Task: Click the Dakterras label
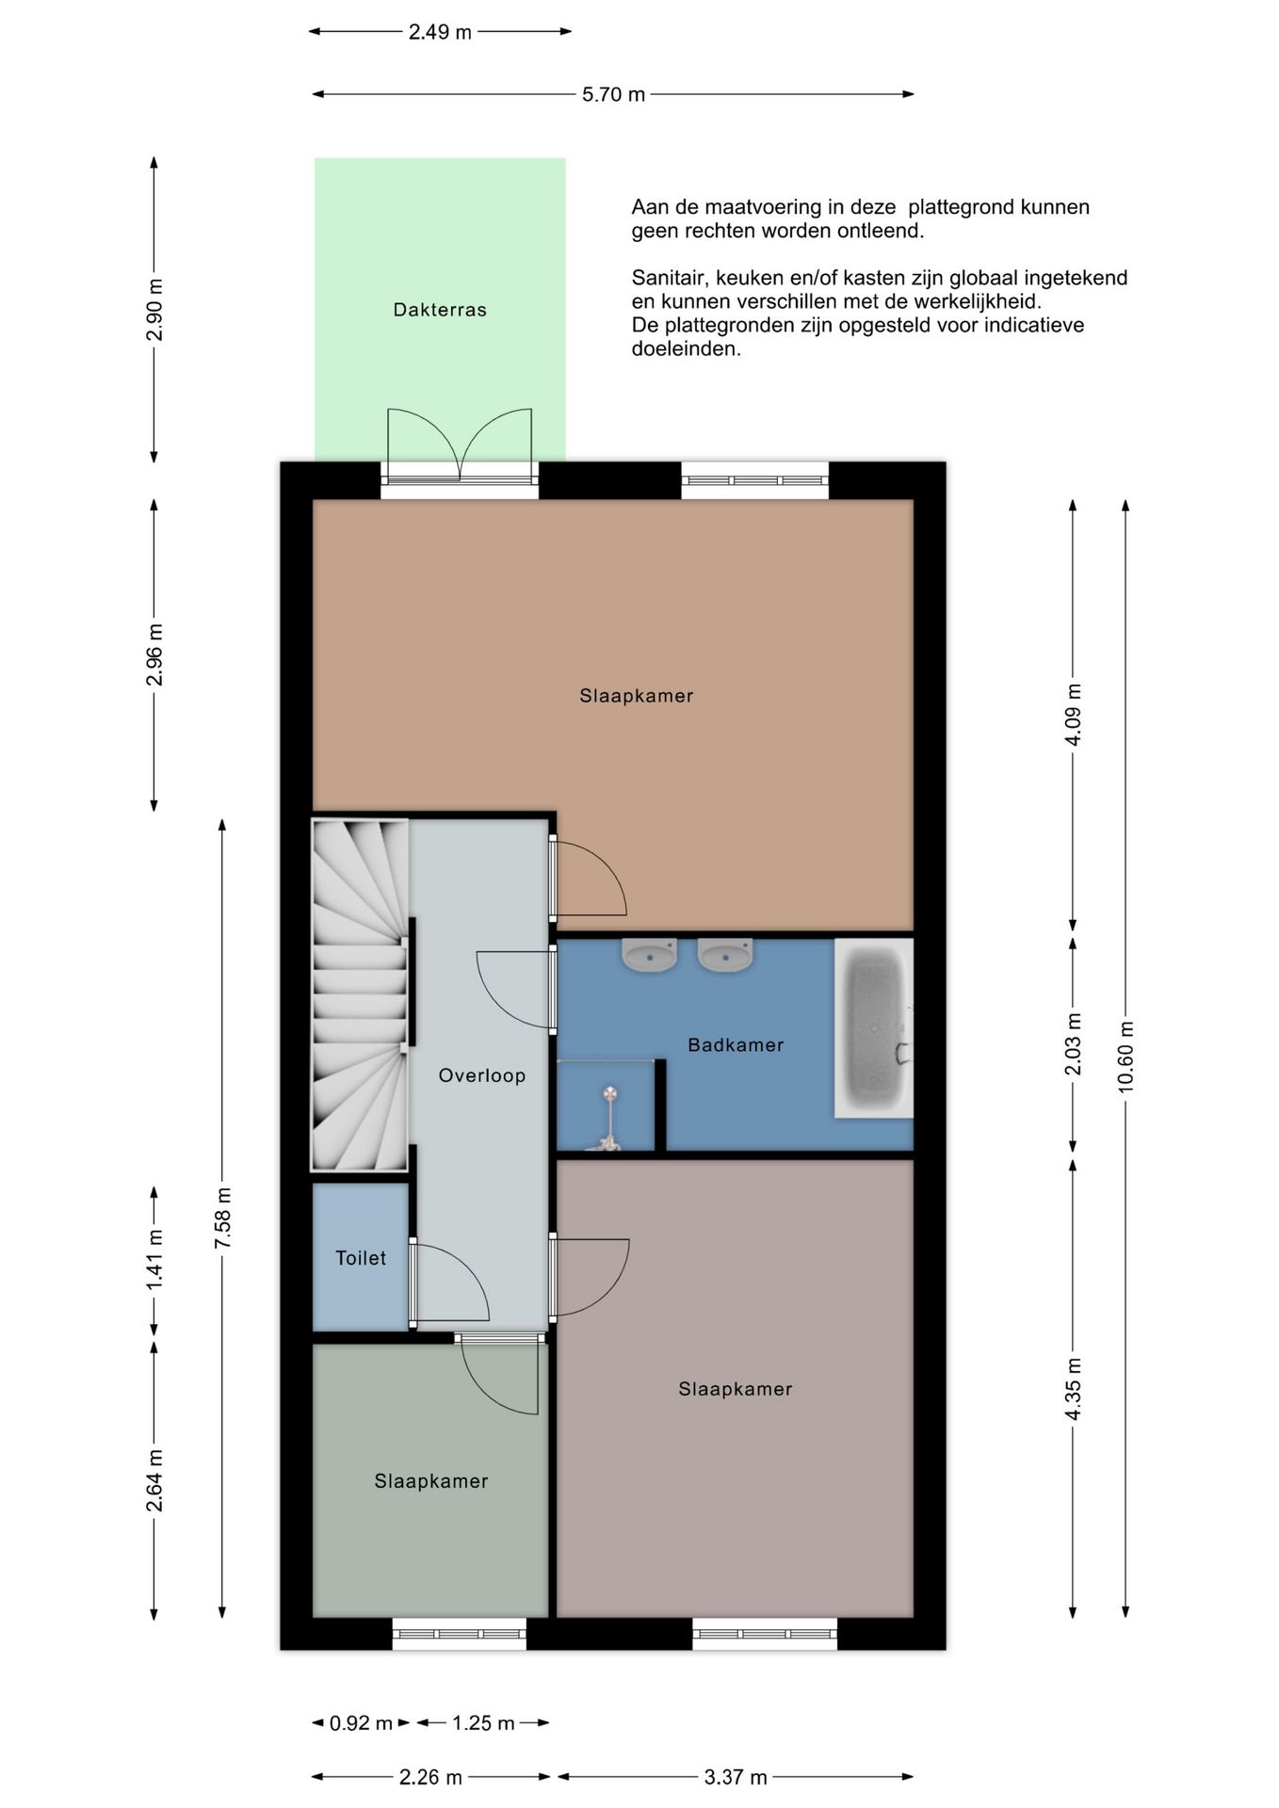440,310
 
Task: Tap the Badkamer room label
736,1044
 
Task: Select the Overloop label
482,1075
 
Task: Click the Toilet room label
361,1258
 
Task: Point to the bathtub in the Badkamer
874,1028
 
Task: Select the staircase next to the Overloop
360,995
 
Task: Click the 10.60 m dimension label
1125,1057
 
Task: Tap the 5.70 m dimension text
613,94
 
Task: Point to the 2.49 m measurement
440,32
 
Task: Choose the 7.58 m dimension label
222,1219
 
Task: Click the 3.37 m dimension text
736,1777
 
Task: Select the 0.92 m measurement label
361,1723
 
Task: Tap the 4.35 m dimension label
1073,1390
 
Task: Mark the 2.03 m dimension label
1073,1044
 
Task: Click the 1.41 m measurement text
154,1260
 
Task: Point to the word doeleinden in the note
686,348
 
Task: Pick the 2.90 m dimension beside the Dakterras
154,310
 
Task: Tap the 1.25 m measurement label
483,1723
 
